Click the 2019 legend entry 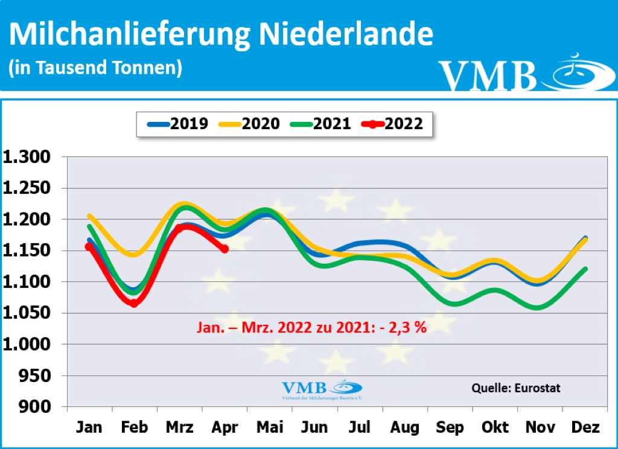pyautogui.click(x=179, y=124)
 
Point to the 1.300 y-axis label pyautogui.click(x=31, y=158)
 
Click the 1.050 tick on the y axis pyautogui.click(x=31, y=313)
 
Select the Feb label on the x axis pyautogui.click(x=134, y=428)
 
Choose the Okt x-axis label pyautogui.click(x=495, y=428)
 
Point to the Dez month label pyautogui.click(x=585, y=428)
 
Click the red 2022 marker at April pyautogui.click(x=225, y=249)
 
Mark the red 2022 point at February pyautogui.click(x=134, y=303)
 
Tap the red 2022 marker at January pyautogui.click(x=89, y=246)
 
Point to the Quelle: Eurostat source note pyautogui.click(x=516, y=388)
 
